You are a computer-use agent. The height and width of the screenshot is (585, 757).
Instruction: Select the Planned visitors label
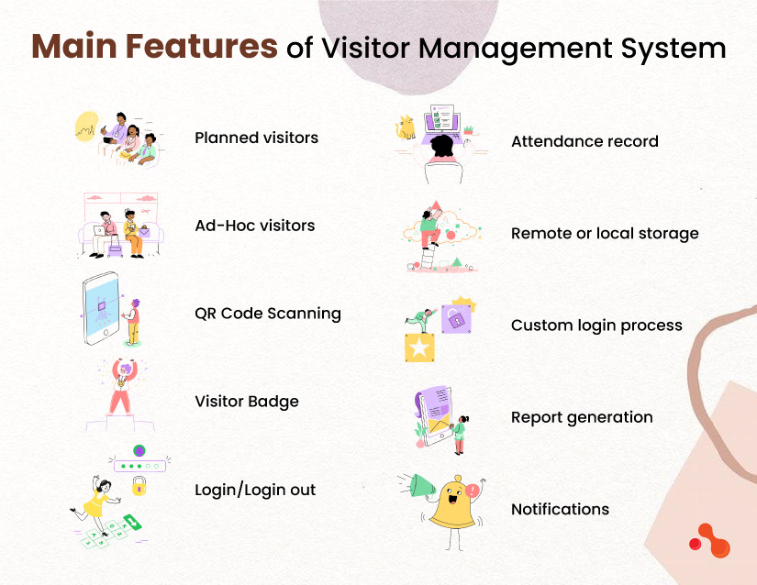pyautogui.click(x=256, y=138)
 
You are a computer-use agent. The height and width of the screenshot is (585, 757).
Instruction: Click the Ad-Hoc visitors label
pyautogui.click(x=254, y=226)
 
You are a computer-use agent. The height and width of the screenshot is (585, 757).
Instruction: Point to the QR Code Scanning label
pyautogui.click(x=267, y=314)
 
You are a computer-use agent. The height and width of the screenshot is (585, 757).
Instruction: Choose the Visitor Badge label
pyautogui.click(x=246, y=402)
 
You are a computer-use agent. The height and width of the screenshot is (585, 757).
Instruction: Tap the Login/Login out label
pyautogui.click(x=254, y=490)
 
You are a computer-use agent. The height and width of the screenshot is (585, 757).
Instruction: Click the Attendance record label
pyautogui.click(x=584, y=142)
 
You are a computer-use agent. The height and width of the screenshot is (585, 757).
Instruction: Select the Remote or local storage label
pyautogui.click(x=605, y=234)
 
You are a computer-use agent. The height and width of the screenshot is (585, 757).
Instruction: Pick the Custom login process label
pyautogui.click(x=596, y=326)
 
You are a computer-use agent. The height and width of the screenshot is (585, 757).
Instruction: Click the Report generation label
pyautogui.click(x=582, y=417)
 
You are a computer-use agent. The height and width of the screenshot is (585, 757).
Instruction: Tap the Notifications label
pyautogui.click(x=560, y=509)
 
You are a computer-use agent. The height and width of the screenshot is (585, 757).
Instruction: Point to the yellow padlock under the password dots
pyautogui.click(x=139, y=487)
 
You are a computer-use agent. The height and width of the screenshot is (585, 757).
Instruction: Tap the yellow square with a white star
pyautogui.click(x=419, y=348)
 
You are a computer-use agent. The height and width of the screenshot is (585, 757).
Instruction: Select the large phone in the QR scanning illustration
pyautogui.click(x=105, y=310)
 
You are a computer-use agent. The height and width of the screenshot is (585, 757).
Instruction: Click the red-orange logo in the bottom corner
pyautogui.click(x=708, y=540)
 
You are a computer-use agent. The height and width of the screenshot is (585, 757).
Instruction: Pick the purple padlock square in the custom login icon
pyautogui.click(x=455, y=318)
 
